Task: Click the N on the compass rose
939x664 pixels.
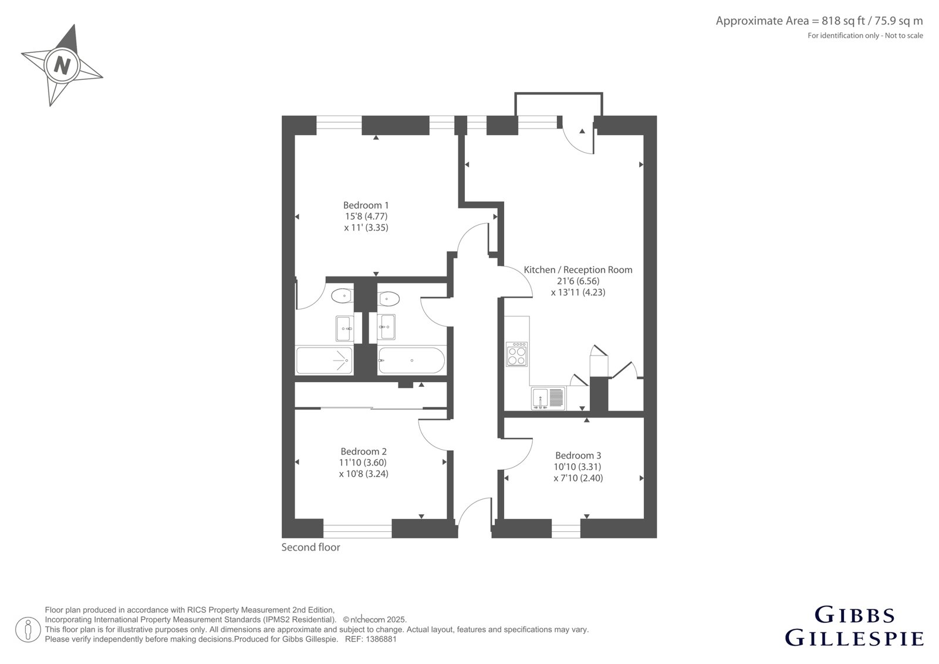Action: pyautogui.click(x=62, y=66)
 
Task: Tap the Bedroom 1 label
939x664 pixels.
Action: pyautogui.click(x=366, y=205)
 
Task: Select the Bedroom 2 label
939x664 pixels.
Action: pyautogui.click(x=363, y=451)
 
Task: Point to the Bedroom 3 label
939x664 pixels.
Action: pyautogui.click(x=578, y=455)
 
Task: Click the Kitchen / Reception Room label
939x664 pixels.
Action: pyautogui.click(x=578, y=269)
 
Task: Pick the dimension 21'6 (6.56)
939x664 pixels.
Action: pyautogui.click(x=578, y=281)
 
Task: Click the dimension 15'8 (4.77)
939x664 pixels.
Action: pyautogui.click(x=366, y=217)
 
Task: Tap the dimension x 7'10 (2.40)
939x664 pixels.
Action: pyautogui.click(x=578, y=478)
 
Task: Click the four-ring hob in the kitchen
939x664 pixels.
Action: pyautogui.click(x=517, y=355)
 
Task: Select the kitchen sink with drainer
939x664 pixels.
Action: pyautogui.click(x=548, y=399)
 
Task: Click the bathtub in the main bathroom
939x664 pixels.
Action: pyautogui.click(x=411, y=360)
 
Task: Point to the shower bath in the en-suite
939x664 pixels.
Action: pyautogui.click(x=325, y=360)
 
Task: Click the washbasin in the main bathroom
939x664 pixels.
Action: pyautogui.click(x=386, y=327)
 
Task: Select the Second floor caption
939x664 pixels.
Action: pyautogui.click(x=310, y=547)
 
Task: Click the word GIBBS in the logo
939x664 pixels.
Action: pyautogui.click(x=854, y=615)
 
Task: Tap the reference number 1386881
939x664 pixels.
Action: pyautogui.click(x=381, y=639)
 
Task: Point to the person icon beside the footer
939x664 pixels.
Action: pyautogui.click(x=28, y=629)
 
